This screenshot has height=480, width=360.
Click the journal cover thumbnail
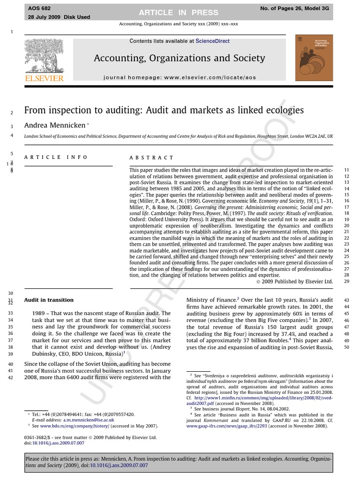(x=314, y=58)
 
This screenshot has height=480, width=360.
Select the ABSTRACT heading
(x=151, y=157)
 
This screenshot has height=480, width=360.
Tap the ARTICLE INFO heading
(x=56, y=157)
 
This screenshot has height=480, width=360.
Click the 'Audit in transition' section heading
(x=49, y=300)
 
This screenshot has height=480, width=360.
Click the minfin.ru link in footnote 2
(x=260, y=397)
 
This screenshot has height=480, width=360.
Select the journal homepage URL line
(x=180, y=77)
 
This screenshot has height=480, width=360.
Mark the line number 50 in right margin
(x=347, y=347)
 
